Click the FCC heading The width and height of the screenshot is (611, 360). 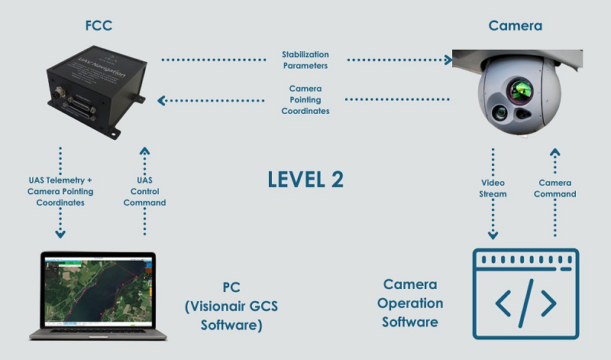[x=100, y=26]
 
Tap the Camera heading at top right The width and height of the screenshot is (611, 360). [x=516, y=26]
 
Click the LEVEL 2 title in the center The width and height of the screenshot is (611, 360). [x=305, y=180]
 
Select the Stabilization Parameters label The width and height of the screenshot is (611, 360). [x=305, y=60]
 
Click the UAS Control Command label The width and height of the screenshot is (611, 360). [x=145, y=191]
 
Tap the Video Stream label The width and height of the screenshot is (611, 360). [x=493, y=189]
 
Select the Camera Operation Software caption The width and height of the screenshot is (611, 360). [x=410, y=303]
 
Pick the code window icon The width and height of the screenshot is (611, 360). [x=526, y=294]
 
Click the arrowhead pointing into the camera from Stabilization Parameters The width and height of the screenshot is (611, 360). [x=447, y=59]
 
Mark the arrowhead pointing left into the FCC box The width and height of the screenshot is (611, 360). [x=160, y=99]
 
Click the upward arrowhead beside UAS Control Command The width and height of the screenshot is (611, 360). [x=145, y=151]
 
